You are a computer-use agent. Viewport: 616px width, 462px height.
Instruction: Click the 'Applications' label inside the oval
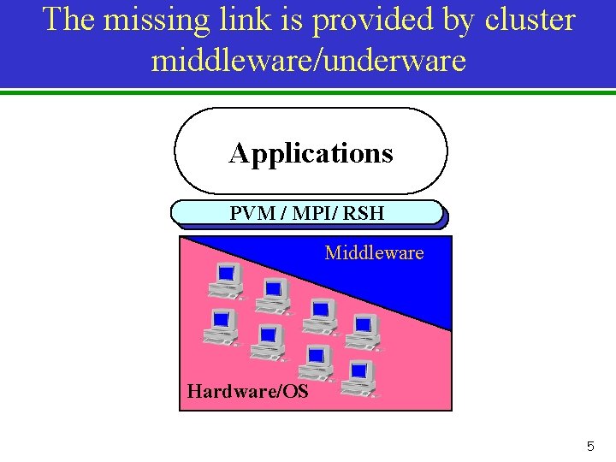[x=311, y=153]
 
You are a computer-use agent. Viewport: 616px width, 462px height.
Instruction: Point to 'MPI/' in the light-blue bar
[x=316, y=213]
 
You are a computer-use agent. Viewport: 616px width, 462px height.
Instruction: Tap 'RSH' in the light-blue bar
[x=364, y=213]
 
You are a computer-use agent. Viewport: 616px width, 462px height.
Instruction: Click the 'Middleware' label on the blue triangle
[x=374, y=252]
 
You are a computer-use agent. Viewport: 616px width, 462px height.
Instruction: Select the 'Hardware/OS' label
[x=247, y=392]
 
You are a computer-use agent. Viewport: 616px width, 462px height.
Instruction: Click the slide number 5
[x=589, y=446]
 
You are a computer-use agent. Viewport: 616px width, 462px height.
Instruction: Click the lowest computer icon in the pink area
[x=358, y=378]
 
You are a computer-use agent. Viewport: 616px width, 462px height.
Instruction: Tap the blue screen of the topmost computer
[x=226, y=273]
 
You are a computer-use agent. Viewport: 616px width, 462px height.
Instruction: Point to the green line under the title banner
[x=308, y=92]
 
